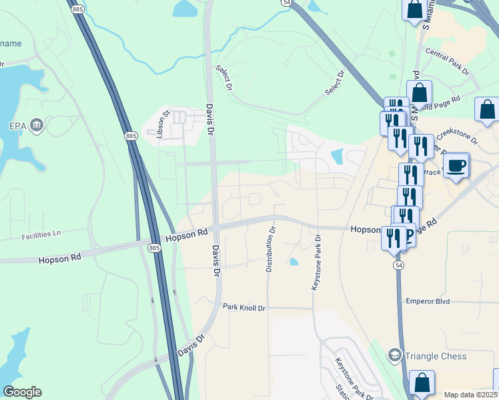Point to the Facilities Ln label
tap(41, 234)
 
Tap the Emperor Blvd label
tap(428, 301)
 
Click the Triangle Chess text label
tap(436, 355)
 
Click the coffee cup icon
tap(457, 165)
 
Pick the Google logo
tap(22, 392)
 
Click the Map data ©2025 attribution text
tap(470, 395)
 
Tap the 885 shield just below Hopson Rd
tap(154, 247)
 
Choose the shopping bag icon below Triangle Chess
tap(422, 383)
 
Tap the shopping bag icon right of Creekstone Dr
tap(487, 109)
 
